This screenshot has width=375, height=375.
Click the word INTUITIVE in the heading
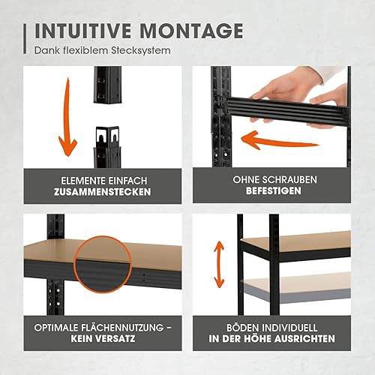(83, 31)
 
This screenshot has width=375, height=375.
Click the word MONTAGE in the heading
(191, 31)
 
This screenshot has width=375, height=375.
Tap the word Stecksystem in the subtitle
(141, 51)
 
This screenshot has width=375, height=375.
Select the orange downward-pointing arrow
(66, 118)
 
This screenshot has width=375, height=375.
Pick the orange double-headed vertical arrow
(220, 264)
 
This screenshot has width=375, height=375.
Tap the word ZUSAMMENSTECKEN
(103, 192)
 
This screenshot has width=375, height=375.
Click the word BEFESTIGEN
(274, 190)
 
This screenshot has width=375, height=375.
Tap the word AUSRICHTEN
(304, 339)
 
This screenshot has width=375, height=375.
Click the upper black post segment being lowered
(108, 85)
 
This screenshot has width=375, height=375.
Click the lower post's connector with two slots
(108, 137)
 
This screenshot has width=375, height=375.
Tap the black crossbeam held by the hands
(287, 111)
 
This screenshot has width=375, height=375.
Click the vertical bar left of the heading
(25, 39)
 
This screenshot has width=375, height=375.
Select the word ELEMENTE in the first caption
(82, 181)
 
